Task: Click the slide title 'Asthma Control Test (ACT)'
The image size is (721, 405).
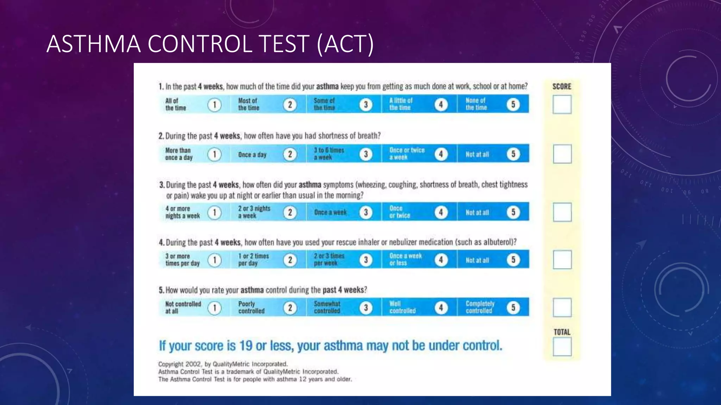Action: [x=210, y=44]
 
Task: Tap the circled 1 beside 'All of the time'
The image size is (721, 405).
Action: [x=214, y=105]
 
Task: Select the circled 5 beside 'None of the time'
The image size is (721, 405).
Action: [x=513, y=104]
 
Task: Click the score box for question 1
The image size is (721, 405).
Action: [x=562, y=105]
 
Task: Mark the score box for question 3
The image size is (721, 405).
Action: [x=562, y=212]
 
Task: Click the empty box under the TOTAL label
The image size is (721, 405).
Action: [x=562, y=347]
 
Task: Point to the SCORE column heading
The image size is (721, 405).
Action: [x=562, y=86]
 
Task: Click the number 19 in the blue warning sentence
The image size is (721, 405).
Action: [x=246, y=346]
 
